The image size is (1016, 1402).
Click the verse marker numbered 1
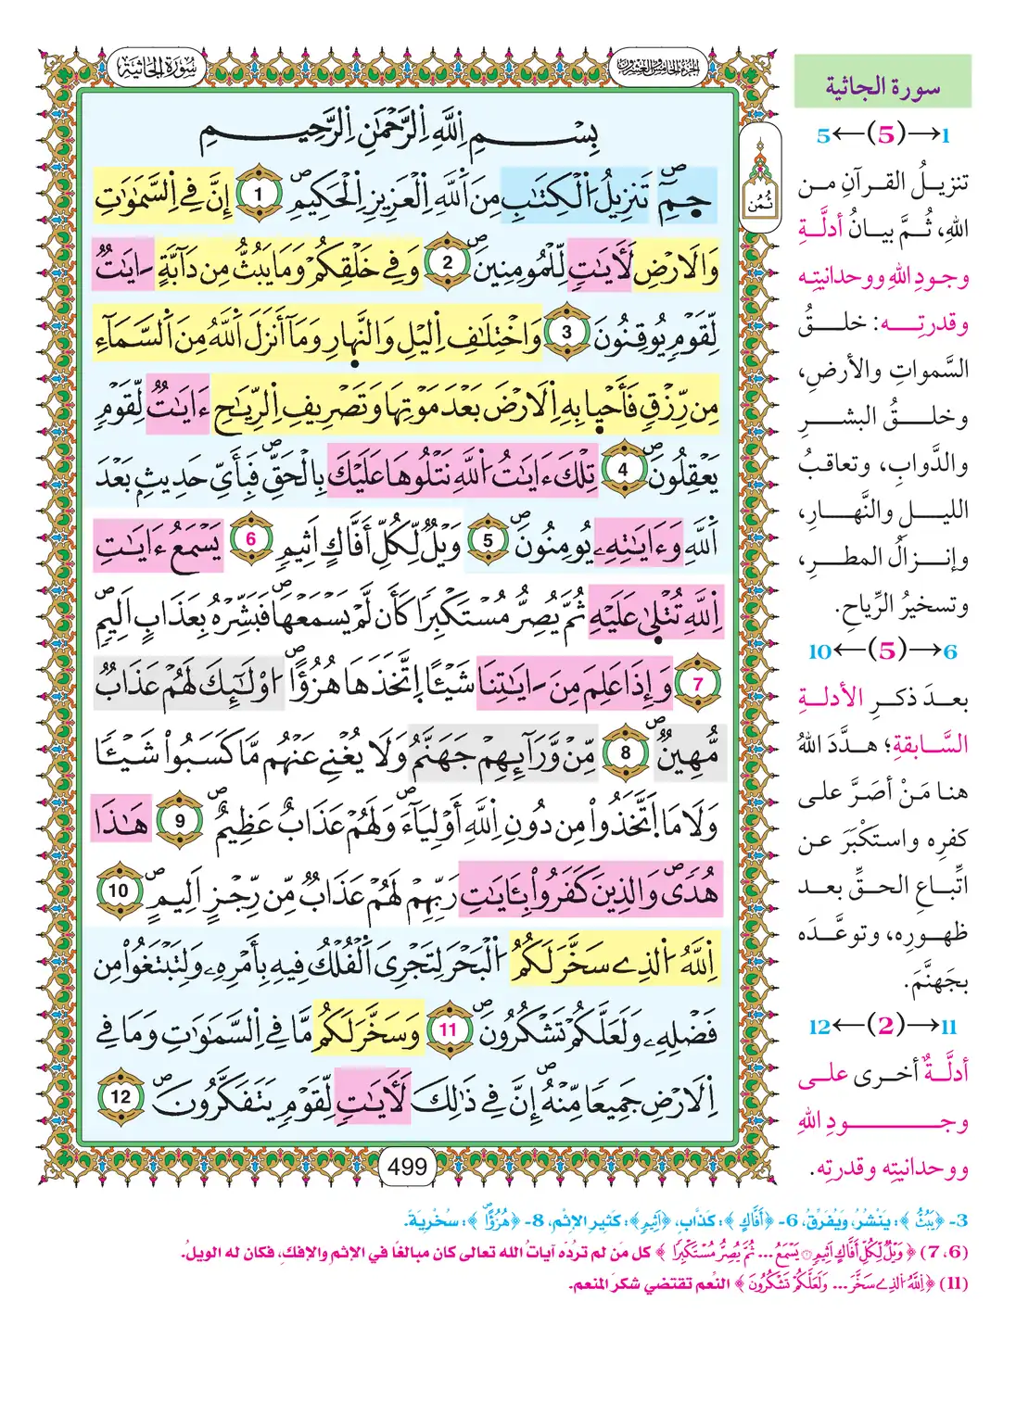pos(259,195)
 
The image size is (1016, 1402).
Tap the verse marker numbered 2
pos(446,262)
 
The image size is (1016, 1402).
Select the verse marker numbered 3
pos(566,332)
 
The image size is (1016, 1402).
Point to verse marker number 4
pos(622,470)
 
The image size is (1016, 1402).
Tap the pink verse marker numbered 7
pos(698,684)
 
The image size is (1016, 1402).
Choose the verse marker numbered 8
pos(625,752)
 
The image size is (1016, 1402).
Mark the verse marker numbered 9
pos(180,821)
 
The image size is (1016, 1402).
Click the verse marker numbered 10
pos(119,890)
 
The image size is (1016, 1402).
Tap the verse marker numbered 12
pos(121,1097)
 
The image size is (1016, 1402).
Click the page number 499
pos(407,1167)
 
